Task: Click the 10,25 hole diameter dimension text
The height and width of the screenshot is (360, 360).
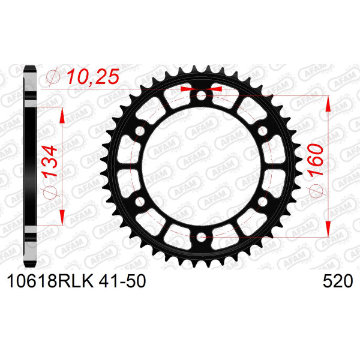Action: coord(93,76)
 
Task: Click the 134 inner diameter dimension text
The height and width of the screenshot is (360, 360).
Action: coord(50,161)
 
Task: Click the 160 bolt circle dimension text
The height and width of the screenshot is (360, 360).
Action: coord(316,161)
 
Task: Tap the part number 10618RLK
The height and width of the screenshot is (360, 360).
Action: coord(50,281)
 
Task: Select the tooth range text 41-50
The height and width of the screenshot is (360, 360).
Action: coord(122,281)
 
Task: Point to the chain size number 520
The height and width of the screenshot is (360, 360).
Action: coord(338,281)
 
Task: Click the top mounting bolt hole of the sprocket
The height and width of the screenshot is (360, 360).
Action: coord(202,95)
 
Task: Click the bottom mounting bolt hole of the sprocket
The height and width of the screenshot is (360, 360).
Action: coord(202,237)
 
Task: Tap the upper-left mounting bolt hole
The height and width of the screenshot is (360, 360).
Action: coord(140,131)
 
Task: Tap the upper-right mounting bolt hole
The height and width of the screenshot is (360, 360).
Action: coord(263,131)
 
